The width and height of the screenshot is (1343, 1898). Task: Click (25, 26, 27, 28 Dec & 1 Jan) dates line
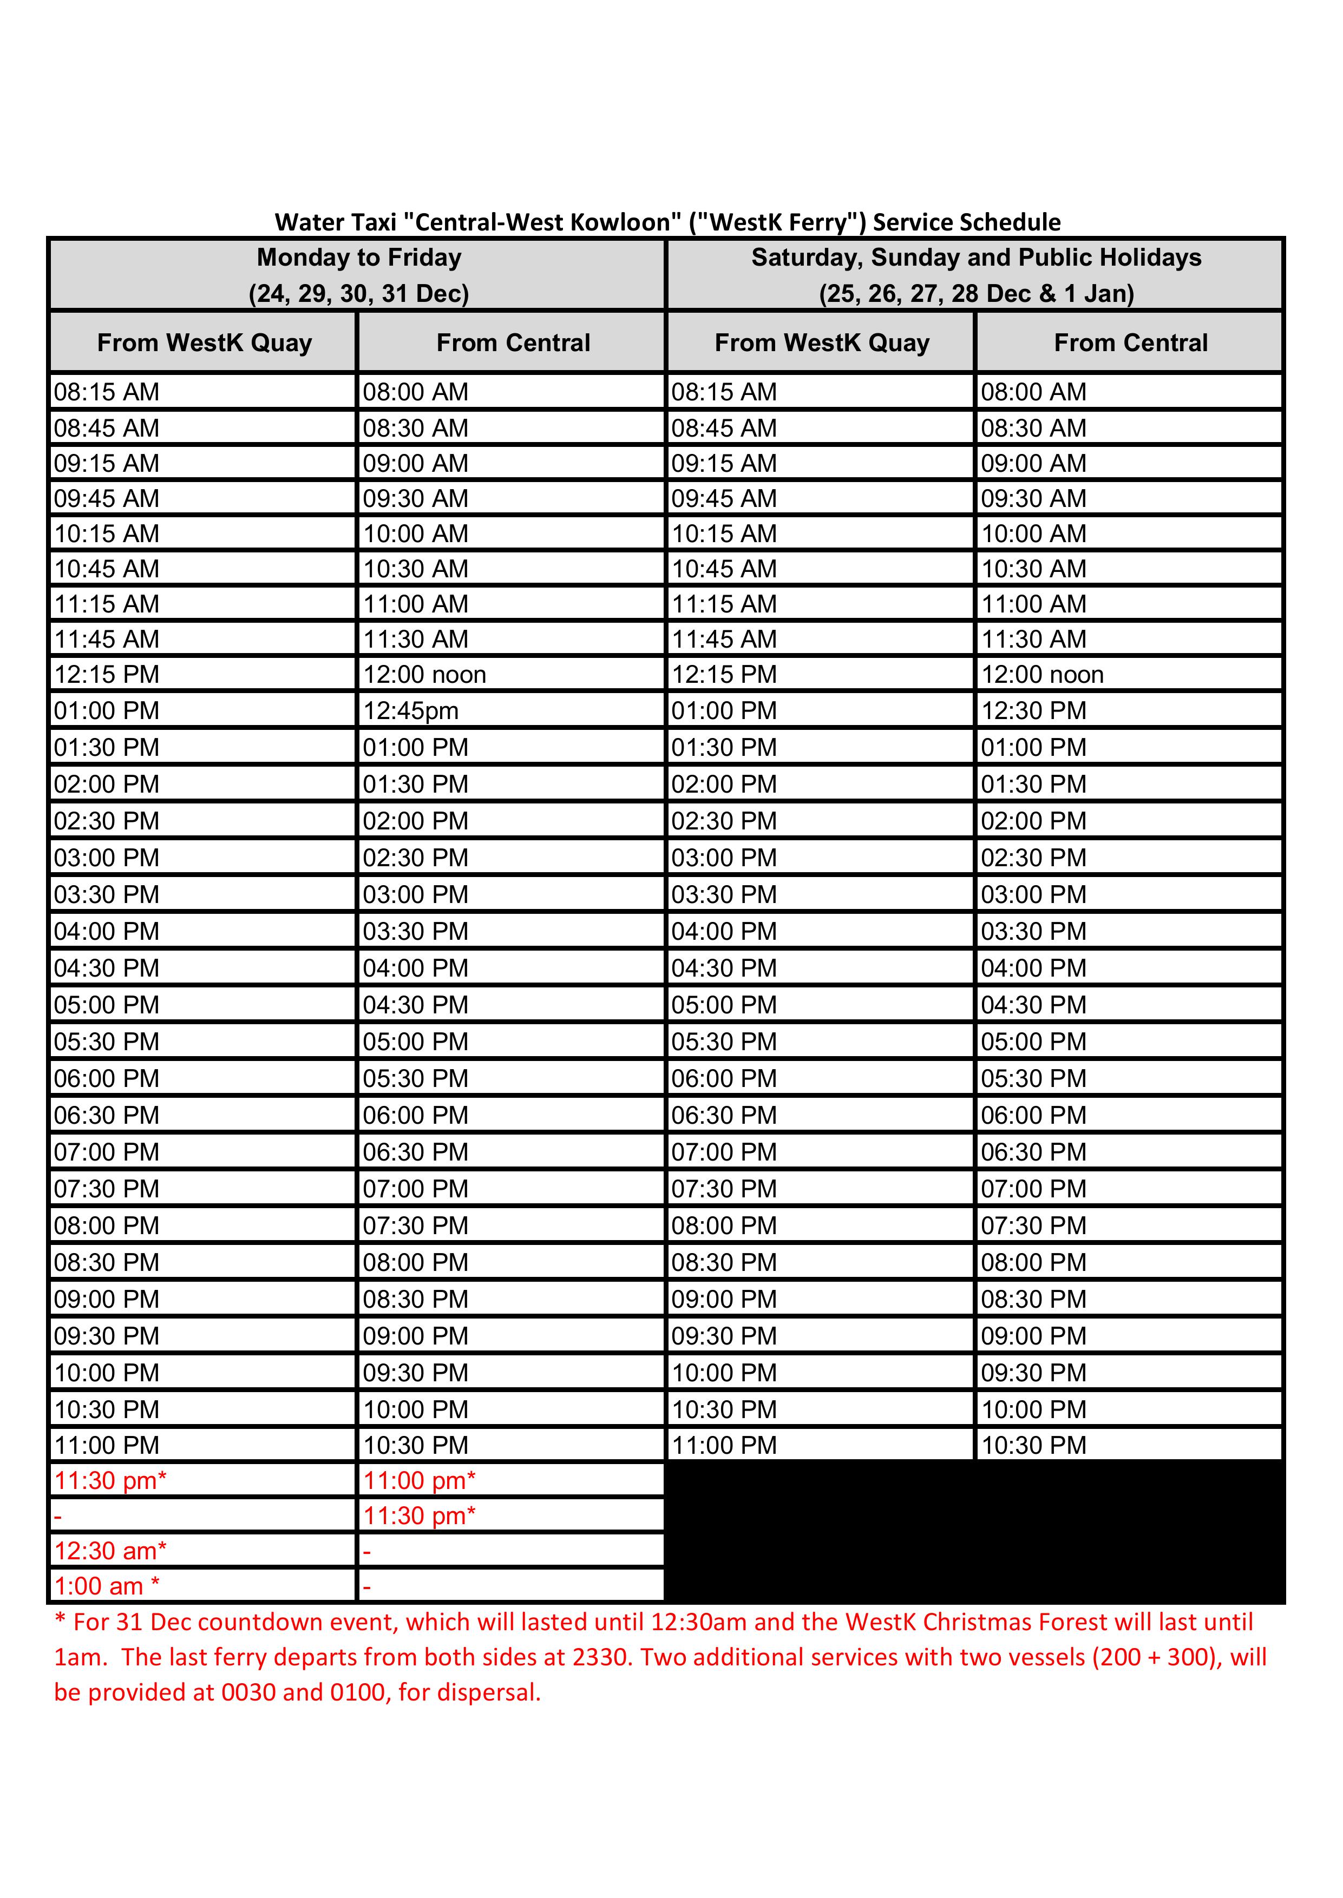[x=976, y=293]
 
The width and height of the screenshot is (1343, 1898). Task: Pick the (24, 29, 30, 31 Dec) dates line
[x=359, y=293]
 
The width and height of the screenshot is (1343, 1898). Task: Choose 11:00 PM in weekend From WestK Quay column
[x=724, y=1445]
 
